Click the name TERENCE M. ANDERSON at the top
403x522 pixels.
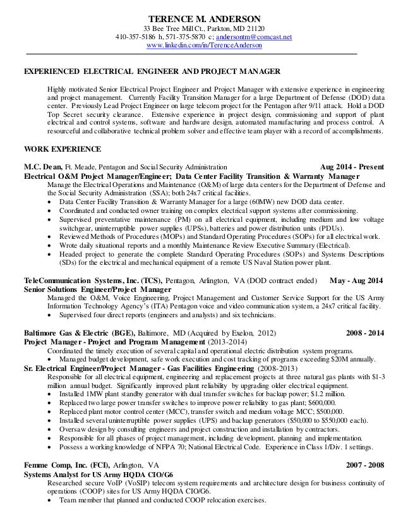(201, 18)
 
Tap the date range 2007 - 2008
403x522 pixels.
(366, 467)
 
